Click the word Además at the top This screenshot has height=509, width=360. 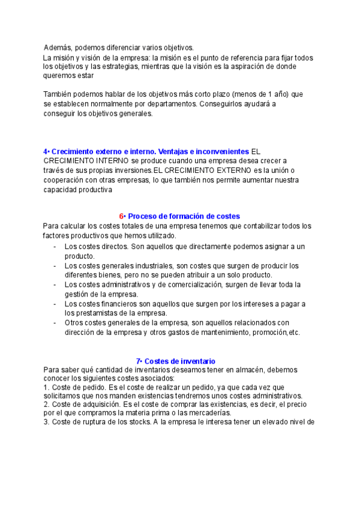pyautogui.click(x=58, y=47)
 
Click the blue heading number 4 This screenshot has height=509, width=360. pyautogui.click(x=46, y=151)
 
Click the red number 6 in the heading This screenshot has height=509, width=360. pyautogui.click(x=121, y=216)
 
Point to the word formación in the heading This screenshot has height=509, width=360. pyautogui.click(x=183, y=216)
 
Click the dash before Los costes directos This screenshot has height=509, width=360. pyautogui.click(x=55, y=247)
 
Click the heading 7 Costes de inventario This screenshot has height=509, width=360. pyautogui.click(x=176, y=361)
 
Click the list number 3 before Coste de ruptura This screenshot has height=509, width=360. pyautogui.click(x=46, y=422)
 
